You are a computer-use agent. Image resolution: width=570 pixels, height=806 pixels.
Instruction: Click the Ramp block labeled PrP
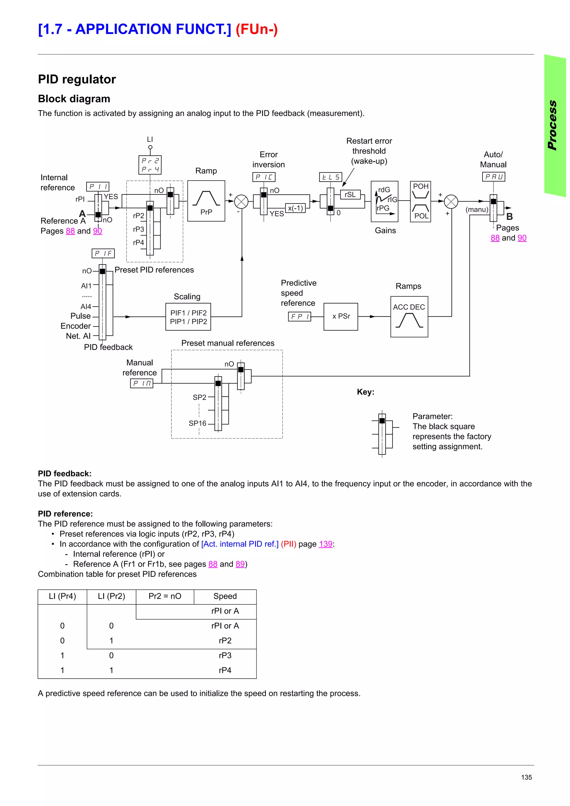206,201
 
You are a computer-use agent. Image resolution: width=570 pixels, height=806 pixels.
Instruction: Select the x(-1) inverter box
295,208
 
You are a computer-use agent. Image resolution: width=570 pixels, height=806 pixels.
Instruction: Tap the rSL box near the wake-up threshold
350,194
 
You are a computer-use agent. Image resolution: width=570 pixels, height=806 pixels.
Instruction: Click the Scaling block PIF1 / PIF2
188,317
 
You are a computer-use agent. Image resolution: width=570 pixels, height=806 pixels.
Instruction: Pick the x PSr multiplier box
341,316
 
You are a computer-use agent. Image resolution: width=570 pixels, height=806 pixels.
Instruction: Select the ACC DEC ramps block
409,316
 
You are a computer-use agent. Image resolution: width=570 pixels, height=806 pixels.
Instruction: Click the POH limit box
420,191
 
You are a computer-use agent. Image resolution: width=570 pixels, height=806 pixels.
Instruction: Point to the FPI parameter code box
299,317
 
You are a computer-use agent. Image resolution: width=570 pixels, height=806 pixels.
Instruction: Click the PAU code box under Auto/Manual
493,177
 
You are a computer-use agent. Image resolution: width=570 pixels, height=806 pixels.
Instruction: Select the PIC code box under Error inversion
263,177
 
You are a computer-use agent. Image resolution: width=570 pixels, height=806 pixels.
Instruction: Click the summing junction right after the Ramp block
241,201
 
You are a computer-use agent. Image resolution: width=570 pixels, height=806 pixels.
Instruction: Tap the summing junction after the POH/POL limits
451,201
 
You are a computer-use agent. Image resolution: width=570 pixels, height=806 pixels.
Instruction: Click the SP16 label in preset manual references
197,423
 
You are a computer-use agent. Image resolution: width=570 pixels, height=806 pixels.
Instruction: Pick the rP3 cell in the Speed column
225,656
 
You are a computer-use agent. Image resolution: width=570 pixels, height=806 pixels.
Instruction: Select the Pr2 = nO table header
165,596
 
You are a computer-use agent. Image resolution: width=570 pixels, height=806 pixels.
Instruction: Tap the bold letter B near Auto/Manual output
509,217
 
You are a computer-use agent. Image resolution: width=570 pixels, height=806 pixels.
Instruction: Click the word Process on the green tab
552,125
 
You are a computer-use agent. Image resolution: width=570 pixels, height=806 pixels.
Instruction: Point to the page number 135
526,777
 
